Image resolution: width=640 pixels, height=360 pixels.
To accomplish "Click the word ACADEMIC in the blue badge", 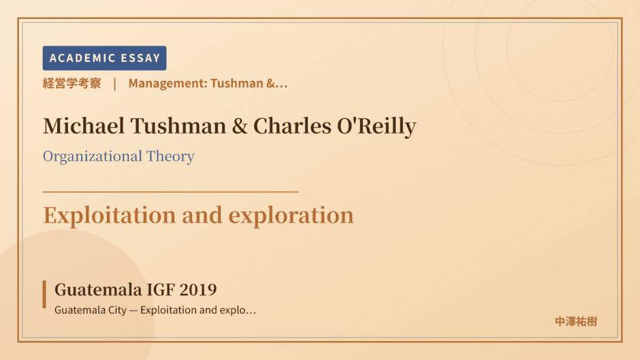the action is (x=82, y=58).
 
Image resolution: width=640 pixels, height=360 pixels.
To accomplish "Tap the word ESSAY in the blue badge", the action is (x=140, y=58).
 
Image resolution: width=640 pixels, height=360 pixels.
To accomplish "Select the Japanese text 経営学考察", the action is (x=72, y=83).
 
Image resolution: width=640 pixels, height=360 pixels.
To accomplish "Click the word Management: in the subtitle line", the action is (x=167, y=83).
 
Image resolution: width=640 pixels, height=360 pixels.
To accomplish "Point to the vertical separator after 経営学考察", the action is (x=115, y=84).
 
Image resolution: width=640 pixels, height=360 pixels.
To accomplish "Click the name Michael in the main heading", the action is (x=84, y=126).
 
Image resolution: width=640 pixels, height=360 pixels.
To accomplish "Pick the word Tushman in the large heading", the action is (x=178, y=126).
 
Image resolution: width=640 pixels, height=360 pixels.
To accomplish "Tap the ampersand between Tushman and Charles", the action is (x=240, y=126).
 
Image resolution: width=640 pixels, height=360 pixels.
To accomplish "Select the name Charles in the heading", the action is (x=292, y=126).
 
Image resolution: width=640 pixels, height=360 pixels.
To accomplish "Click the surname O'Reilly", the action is (x=377, y=126).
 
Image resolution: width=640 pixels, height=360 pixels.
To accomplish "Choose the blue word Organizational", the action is (x=93, y=157).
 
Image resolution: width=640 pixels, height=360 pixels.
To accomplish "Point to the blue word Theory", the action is (x=170, y=157).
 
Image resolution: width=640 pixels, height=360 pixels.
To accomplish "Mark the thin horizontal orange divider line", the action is (x=171, y=191).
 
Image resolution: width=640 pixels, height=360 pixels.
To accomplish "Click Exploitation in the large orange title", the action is (x=110, y=216).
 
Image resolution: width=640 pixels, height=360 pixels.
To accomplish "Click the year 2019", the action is (x=198, y=290).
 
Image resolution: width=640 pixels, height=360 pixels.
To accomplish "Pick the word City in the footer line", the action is (x=117, y=310).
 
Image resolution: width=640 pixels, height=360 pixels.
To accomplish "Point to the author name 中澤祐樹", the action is (x=576, y=322).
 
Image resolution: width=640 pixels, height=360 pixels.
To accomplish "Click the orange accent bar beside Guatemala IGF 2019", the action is (x=44, y=294).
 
